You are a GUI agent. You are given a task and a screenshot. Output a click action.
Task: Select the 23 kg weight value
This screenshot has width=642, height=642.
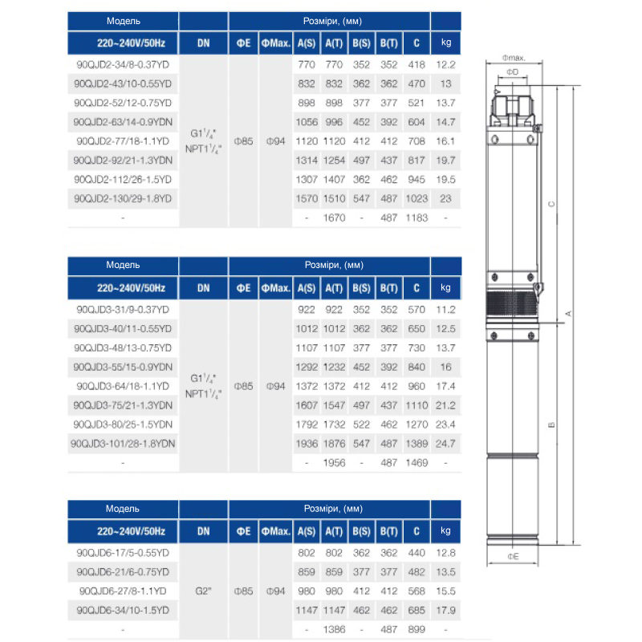446,198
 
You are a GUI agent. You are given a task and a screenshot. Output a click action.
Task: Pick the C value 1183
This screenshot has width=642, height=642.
416,217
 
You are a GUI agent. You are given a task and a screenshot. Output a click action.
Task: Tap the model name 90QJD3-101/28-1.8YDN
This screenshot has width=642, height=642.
124,444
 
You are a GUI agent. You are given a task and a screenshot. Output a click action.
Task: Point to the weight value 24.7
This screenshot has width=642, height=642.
446,444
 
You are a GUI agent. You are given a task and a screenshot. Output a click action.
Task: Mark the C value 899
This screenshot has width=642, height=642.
416,630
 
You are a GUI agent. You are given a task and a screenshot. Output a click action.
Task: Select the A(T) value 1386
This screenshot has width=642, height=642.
335,630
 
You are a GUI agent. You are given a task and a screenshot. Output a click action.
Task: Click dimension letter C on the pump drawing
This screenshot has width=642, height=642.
551,205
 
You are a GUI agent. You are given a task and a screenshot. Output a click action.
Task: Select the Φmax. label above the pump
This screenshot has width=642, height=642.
514,58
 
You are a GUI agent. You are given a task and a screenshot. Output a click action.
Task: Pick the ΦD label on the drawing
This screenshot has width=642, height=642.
514,72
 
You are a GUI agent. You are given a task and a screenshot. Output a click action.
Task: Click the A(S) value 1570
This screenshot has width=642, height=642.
306,198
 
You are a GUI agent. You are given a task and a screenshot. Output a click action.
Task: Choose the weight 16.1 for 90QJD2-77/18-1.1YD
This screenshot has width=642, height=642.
446,140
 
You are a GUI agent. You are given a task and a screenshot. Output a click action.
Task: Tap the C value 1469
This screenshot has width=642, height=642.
416,463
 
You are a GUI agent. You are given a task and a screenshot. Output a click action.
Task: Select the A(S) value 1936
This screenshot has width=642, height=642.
306,444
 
